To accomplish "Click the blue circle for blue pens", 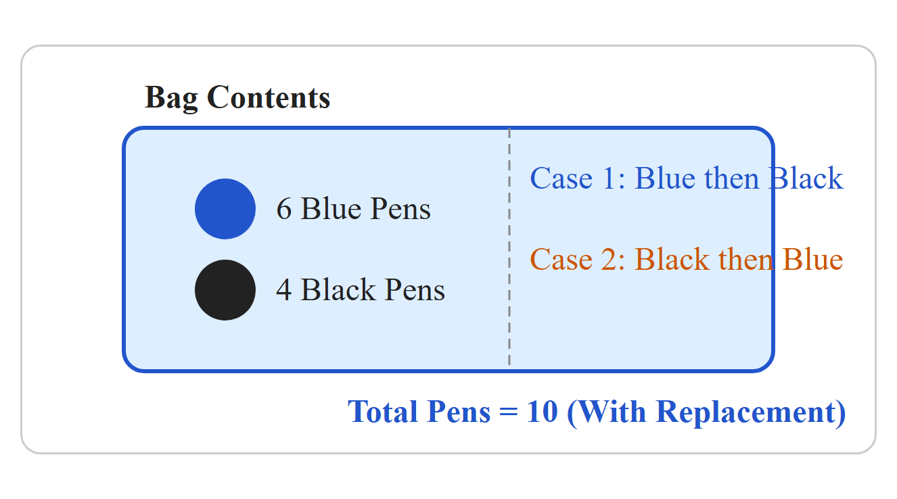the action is pos(225,209).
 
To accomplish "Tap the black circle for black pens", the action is pos(225,290).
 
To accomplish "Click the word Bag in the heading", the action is pos(171,99).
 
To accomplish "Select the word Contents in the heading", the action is pos(269,97).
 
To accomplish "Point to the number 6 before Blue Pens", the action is pos(284,209).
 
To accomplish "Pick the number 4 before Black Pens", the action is pos(284,289).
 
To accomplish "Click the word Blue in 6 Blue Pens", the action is pos(331,208).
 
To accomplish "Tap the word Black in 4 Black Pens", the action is pos(338,289).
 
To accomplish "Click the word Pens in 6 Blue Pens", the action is pos(400,209).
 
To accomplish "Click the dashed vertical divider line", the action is pos(509,247).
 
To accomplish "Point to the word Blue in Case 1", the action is pos(665,178).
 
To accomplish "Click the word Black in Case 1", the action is pos(806,178).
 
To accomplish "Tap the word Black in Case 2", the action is pos(672,259).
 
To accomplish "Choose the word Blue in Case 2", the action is pos(813,259).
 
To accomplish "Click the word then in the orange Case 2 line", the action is pos(745,259).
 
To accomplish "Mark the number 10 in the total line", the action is pos(543,411).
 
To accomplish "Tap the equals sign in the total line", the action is pos(509,412).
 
